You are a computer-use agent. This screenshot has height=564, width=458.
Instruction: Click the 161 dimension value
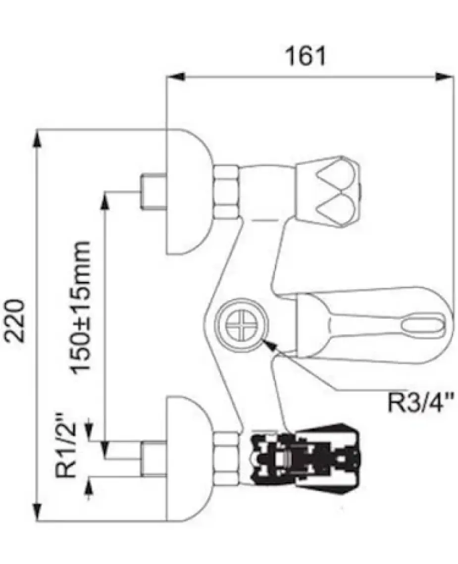tap(305, 56)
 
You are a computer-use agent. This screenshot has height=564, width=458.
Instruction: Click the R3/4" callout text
tap(420, 403)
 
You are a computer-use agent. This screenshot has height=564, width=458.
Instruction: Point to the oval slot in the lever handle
tap(422, 322)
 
